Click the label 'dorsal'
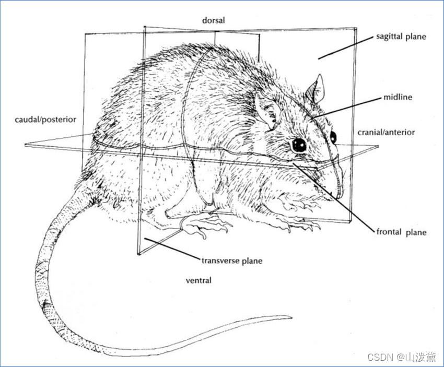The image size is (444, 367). [214, 20]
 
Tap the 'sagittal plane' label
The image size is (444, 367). [401, 37]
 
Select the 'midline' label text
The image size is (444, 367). [398, 98]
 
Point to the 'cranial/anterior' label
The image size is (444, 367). [386, 133]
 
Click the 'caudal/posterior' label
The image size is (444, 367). [45, 120]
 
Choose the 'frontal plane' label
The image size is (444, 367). [401, 232]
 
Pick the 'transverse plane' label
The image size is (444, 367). [232, 261]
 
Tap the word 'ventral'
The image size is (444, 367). [199, 280]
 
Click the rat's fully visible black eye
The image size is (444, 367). [299, 144]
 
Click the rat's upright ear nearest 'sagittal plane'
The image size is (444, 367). [315, 90]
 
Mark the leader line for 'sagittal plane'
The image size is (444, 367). [345, 47]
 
